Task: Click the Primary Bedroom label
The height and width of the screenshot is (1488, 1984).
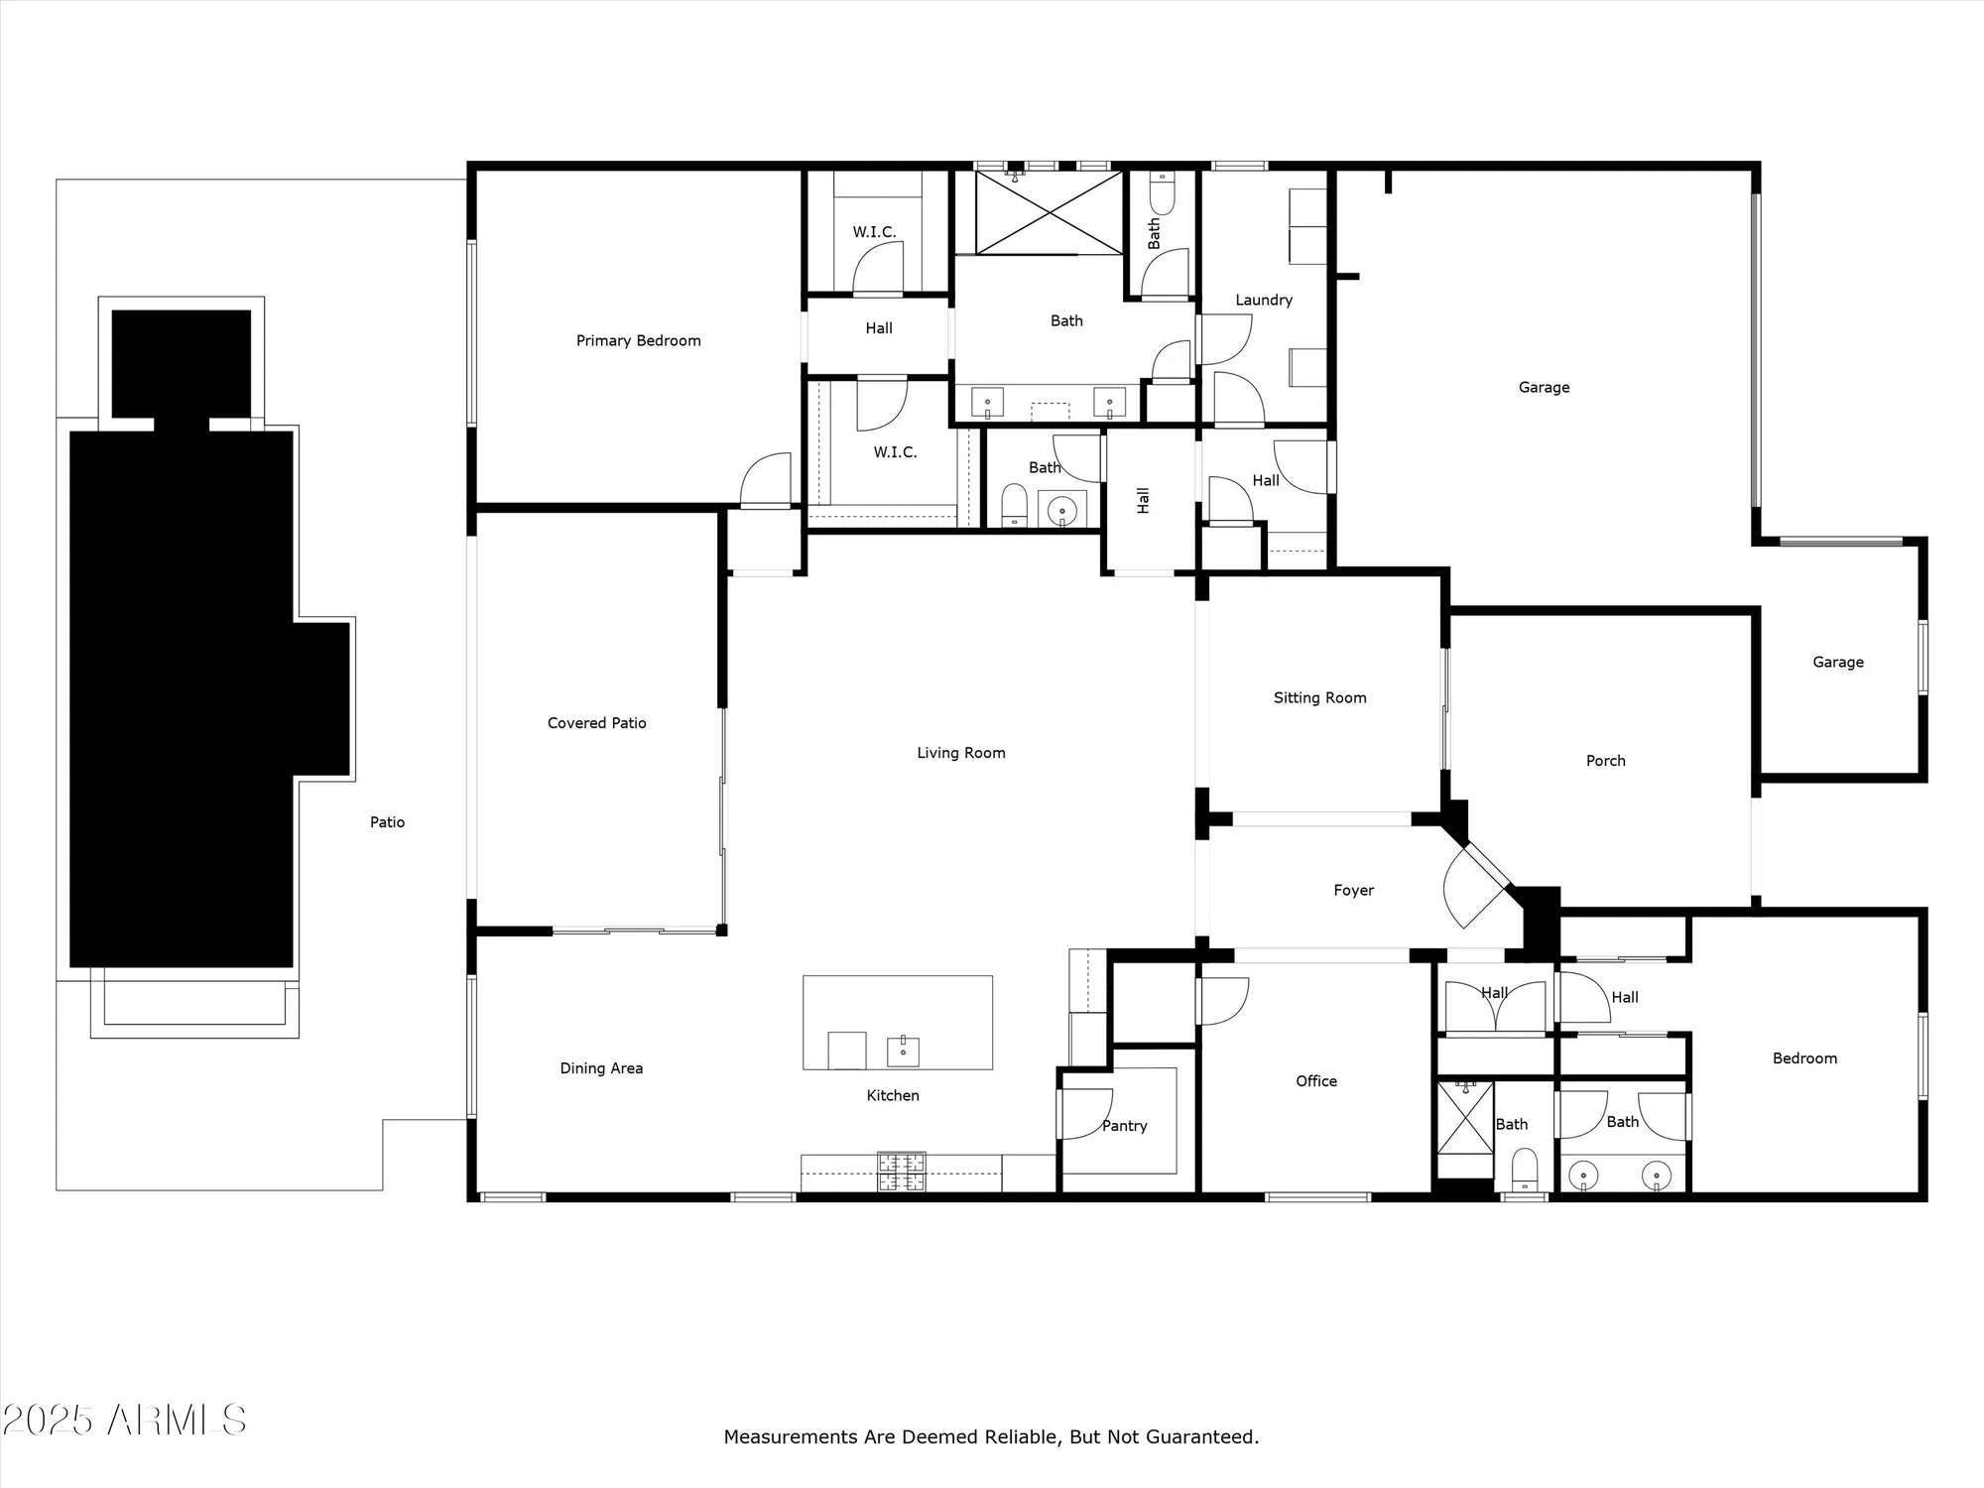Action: [x=638, y=340]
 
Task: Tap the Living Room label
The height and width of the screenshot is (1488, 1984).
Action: [x=960, y=753]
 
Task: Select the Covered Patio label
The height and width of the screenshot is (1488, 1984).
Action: [x=596, y=723]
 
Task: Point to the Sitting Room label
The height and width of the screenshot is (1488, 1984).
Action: [x=1319, y=697]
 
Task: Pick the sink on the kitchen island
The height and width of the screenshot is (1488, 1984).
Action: [x=903, y=1051]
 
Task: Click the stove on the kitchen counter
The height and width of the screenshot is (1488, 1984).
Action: [x=901, y=1172]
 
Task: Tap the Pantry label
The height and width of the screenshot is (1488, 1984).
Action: [x=1124, y=1126]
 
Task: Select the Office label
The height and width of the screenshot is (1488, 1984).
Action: [x=1315, y=1081]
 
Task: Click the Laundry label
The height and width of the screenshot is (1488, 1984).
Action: [x=1263, y=300]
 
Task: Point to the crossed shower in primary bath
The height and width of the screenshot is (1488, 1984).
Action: [x=1049, y=212]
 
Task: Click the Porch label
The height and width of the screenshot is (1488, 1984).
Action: [x=1605, y=761]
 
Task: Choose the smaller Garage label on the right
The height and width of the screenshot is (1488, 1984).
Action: [x=1837, y=662]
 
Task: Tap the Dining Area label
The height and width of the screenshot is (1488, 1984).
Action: [x=601, y=1068]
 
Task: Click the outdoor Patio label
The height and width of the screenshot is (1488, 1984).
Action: [x=387, y=822]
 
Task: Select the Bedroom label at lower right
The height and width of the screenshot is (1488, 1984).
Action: [x=1804, y=1058]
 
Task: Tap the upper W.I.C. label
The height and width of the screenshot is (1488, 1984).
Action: [x=874, y=232]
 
